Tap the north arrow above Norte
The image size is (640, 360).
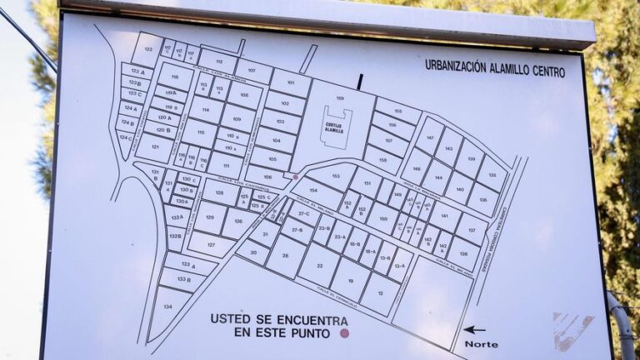click(474, 330)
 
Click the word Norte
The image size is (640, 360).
click(481, 344)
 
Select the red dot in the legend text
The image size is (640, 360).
click(344, 333)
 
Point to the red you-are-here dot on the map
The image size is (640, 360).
click(295, 177)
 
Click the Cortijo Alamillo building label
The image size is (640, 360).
click(334, 128)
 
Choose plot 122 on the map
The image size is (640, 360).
click(147, 50)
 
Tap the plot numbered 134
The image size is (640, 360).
click(167, 307)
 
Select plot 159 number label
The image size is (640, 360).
click(340, 98)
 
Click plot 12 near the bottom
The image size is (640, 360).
click(381, 293)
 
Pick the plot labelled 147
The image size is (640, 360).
click(430, 136)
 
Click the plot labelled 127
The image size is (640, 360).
click(211, 244)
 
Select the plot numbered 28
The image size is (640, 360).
click(286, 256)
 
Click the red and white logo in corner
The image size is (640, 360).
click(572, 328)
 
